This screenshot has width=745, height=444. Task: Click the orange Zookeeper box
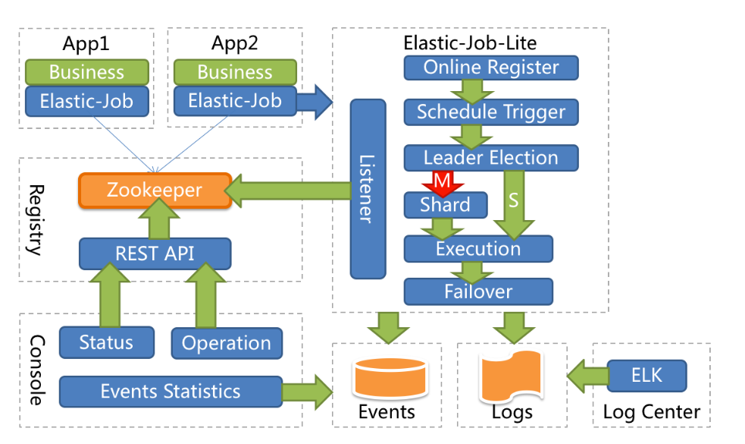coord(155,190)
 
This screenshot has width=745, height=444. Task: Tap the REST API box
coord(155,253)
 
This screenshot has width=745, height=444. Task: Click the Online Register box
coord(490,67)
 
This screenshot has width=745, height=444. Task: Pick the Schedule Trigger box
coord(490,112)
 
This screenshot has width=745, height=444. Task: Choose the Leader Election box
coord(490,158)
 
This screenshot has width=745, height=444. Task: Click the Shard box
coord(445,204)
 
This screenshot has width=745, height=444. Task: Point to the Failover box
coord(478,291)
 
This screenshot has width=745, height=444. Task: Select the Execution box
coord(478,248)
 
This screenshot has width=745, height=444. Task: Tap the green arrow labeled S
coord(513,203)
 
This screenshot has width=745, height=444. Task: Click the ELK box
coord(646,375)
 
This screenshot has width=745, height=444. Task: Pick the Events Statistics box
coord(171,392)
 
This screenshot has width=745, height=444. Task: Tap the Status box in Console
coord(106,342)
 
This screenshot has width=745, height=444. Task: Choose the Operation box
coord(226,343)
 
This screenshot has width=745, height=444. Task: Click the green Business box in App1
coord(86,72)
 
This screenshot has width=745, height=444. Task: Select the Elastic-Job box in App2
coord(234,101)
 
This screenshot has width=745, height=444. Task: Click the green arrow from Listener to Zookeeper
coord(288,190)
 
